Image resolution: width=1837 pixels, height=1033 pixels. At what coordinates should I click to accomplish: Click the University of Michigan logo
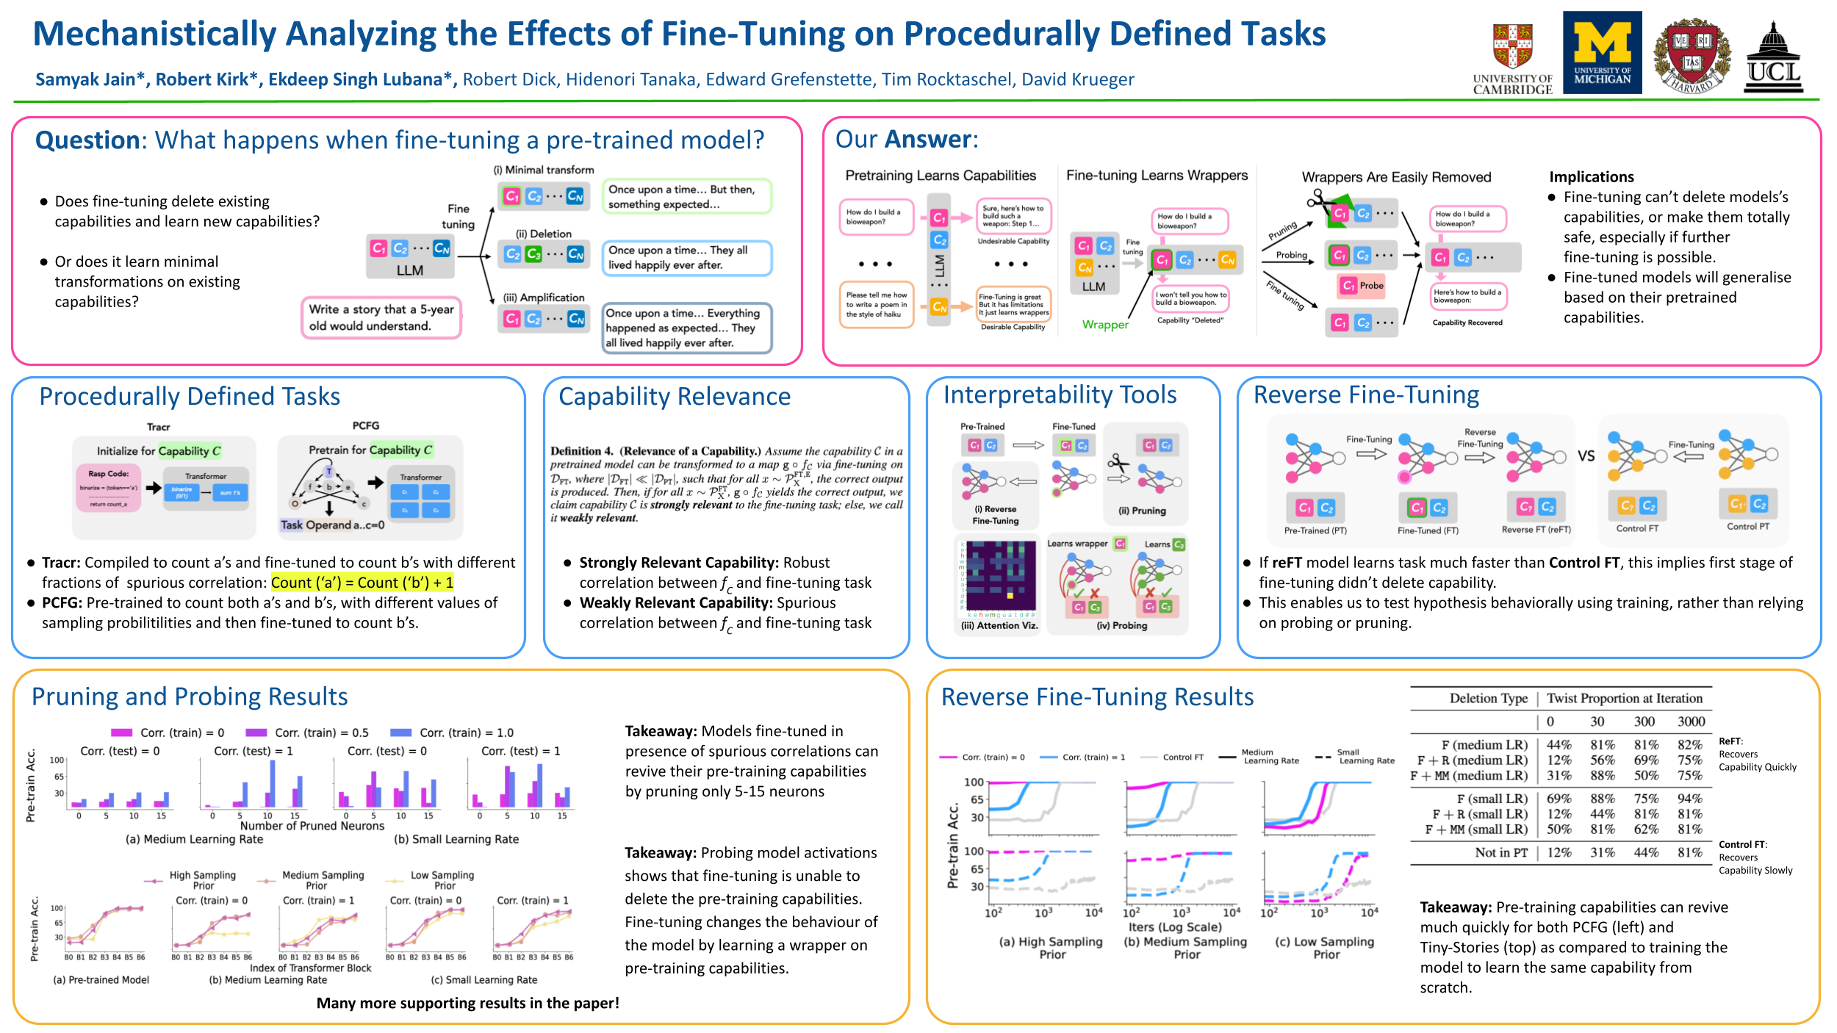[1602, 52]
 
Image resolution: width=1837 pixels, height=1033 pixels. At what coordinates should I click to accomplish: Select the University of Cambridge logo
[1512, 59]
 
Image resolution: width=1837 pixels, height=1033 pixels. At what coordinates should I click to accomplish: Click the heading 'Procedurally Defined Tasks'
[190, 397]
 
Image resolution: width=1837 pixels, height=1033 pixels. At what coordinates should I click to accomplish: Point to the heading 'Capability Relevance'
[674, 397]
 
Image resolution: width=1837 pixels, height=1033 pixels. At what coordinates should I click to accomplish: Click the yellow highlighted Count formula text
[362, 583]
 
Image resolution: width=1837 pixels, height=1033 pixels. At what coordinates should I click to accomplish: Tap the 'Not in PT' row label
[1500, 852]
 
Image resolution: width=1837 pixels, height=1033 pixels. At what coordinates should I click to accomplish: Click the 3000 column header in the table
[1691, 721]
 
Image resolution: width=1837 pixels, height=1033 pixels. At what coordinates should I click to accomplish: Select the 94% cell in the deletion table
[1689, 799]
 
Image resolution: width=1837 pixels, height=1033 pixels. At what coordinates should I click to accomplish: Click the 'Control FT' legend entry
[1182, 757]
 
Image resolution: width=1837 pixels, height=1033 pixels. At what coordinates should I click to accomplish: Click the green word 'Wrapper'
[1104, 325]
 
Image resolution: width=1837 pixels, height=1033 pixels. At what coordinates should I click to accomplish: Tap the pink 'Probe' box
[1363, 285]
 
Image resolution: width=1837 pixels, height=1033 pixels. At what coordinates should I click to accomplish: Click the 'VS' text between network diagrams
[1586, 456]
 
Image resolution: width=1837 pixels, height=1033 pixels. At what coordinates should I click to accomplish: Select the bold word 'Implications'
[1591, 177]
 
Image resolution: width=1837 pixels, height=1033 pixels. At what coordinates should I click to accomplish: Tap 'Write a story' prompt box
[381, 317]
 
